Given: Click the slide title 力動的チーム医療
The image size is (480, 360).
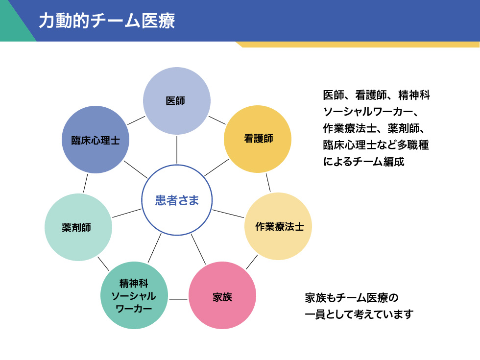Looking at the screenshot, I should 106,21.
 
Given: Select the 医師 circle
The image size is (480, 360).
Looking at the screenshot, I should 176,101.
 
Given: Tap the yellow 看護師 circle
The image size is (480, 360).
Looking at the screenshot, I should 258,139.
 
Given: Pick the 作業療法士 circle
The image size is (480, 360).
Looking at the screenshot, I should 278,226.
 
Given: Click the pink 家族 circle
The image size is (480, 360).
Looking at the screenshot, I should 222,296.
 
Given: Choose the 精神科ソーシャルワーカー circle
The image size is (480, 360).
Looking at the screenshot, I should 134,296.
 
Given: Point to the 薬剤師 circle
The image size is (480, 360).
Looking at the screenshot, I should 78,227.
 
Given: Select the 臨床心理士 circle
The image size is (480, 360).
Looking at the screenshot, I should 96,140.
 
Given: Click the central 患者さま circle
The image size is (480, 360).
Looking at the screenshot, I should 177,200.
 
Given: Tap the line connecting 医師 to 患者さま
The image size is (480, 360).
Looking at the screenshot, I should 177,149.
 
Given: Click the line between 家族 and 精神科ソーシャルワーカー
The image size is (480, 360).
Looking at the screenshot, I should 178,299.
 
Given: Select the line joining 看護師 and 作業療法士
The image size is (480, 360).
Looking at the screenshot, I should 268,182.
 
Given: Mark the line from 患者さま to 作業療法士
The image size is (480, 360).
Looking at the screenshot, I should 228,214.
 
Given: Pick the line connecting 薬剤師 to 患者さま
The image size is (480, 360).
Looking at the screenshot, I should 127,213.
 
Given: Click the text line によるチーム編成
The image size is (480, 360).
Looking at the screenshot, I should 363,162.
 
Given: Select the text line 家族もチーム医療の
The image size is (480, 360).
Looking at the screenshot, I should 352,298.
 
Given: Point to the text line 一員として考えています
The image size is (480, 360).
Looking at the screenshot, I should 359,314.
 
